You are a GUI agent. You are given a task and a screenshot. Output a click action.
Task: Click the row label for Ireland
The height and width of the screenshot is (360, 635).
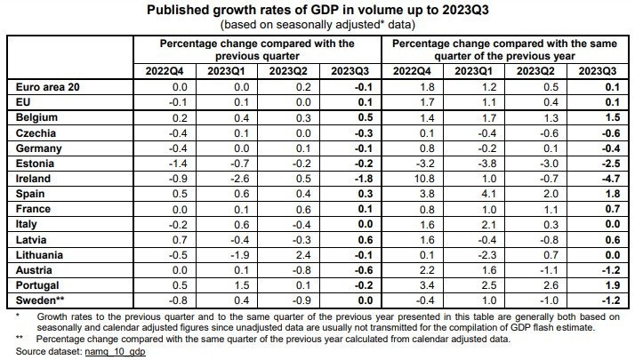pyautogui.click(x=34, y=178)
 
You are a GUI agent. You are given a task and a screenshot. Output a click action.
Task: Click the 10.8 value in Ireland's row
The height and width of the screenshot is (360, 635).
pyautogui.click(x=422, y=178)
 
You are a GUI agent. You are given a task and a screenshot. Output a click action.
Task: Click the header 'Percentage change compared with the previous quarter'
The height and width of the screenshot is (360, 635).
pyautogui.click(x=257, y=48)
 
